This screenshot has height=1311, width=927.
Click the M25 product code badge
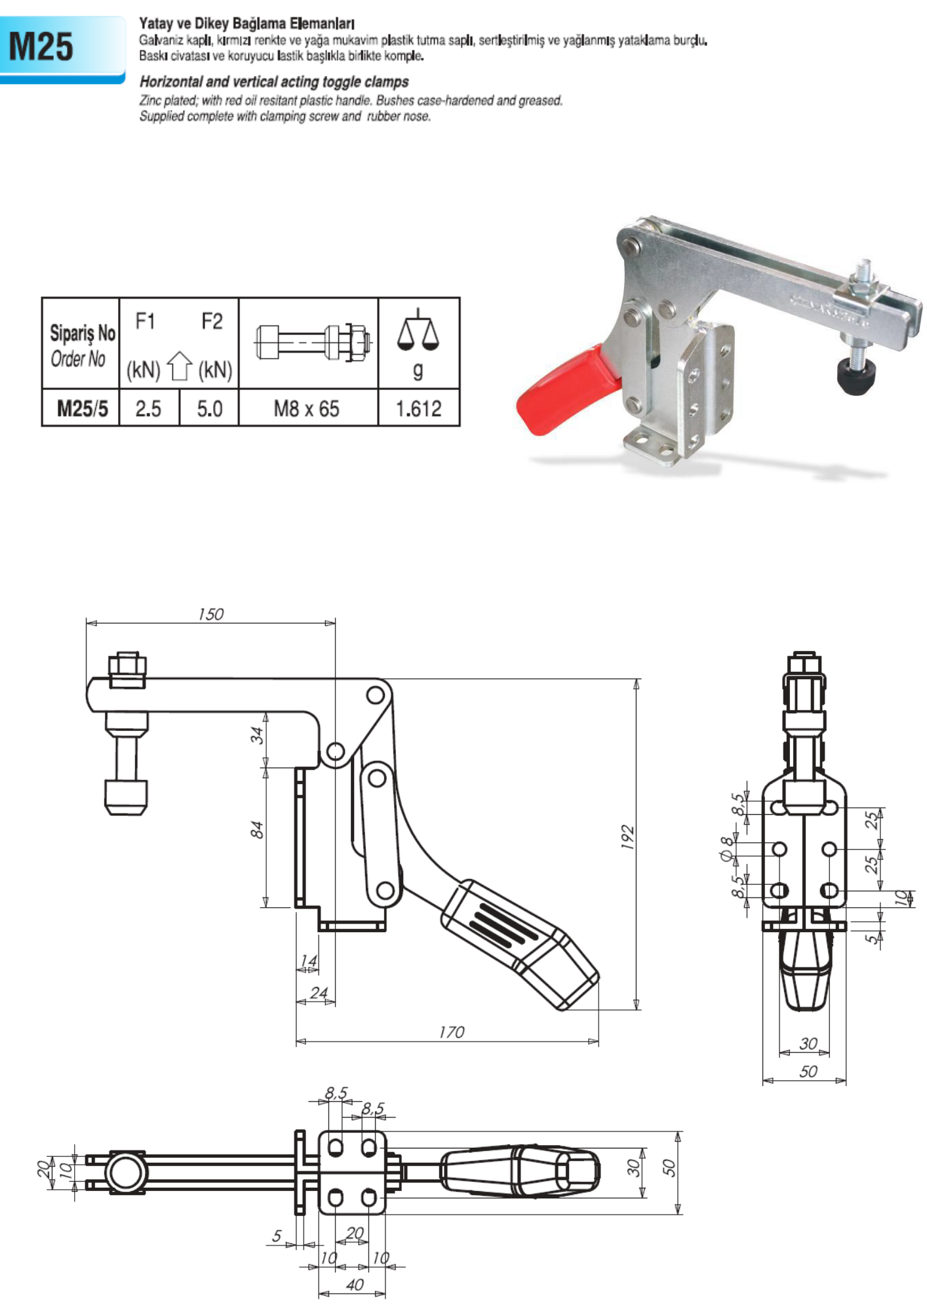coord(62,49)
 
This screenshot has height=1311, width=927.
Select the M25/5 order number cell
coord(81,408)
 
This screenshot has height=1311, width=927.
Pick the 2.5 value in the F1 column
coord(148,408)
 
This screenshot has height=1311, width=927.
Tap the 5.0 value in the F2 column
coord(209,408)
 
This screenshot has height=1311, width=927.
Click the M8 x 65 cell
coord(307,408)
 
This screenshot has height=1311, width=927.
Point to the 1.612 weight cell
coord(418,408)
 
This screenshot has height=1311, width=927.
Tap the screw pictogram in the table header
coord(314,342)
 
